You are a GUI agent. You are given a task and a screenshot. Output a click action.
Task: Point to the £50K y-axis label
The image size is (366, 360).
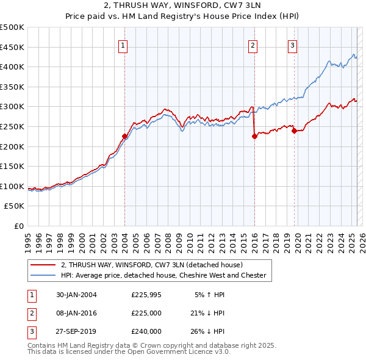pos(14,206)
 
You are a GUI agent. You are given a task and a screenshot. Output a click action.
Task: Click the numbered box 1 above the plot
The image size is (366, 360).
pos(123,45)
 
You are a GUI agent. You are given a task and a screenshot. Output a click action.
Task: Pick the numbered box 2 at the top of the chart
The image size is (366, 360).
pos(253,45)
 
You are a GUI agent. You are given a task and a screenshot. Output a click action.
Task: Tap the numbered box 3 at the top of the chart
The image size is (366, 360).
pos(292,45)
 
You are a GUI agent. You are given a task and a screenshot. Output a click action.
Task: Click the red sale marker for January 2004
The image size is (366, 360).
pos(124,136)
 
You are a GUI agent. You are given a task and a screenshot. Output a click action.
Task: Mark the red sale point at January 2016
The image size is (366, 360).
pos(254,137)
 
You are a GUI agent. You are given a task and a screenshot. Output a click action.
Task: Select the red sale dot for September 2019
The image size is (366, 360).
pos(294,131)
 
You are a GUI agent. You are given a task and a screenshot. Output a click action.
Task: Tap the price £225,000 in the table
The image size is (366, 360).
pos(146,313)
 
